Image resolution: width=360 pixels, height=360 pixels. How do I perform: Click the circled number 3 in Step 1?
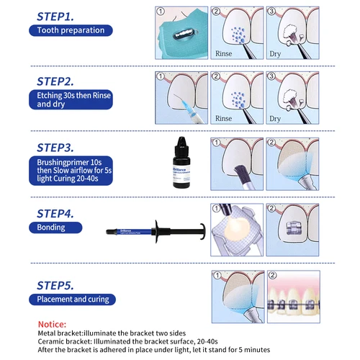pos(272,12)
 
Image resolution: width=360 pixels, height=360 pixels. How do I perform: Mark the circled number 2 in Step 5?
pos(272,275)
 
